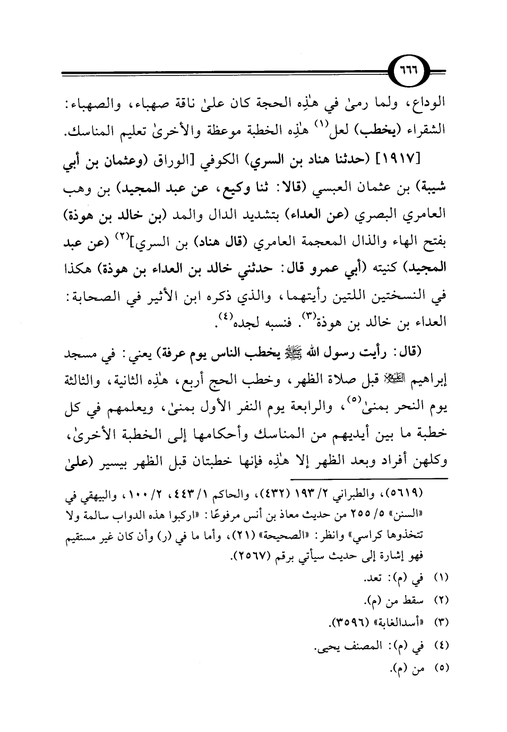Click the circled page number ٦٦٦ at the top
424,72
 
